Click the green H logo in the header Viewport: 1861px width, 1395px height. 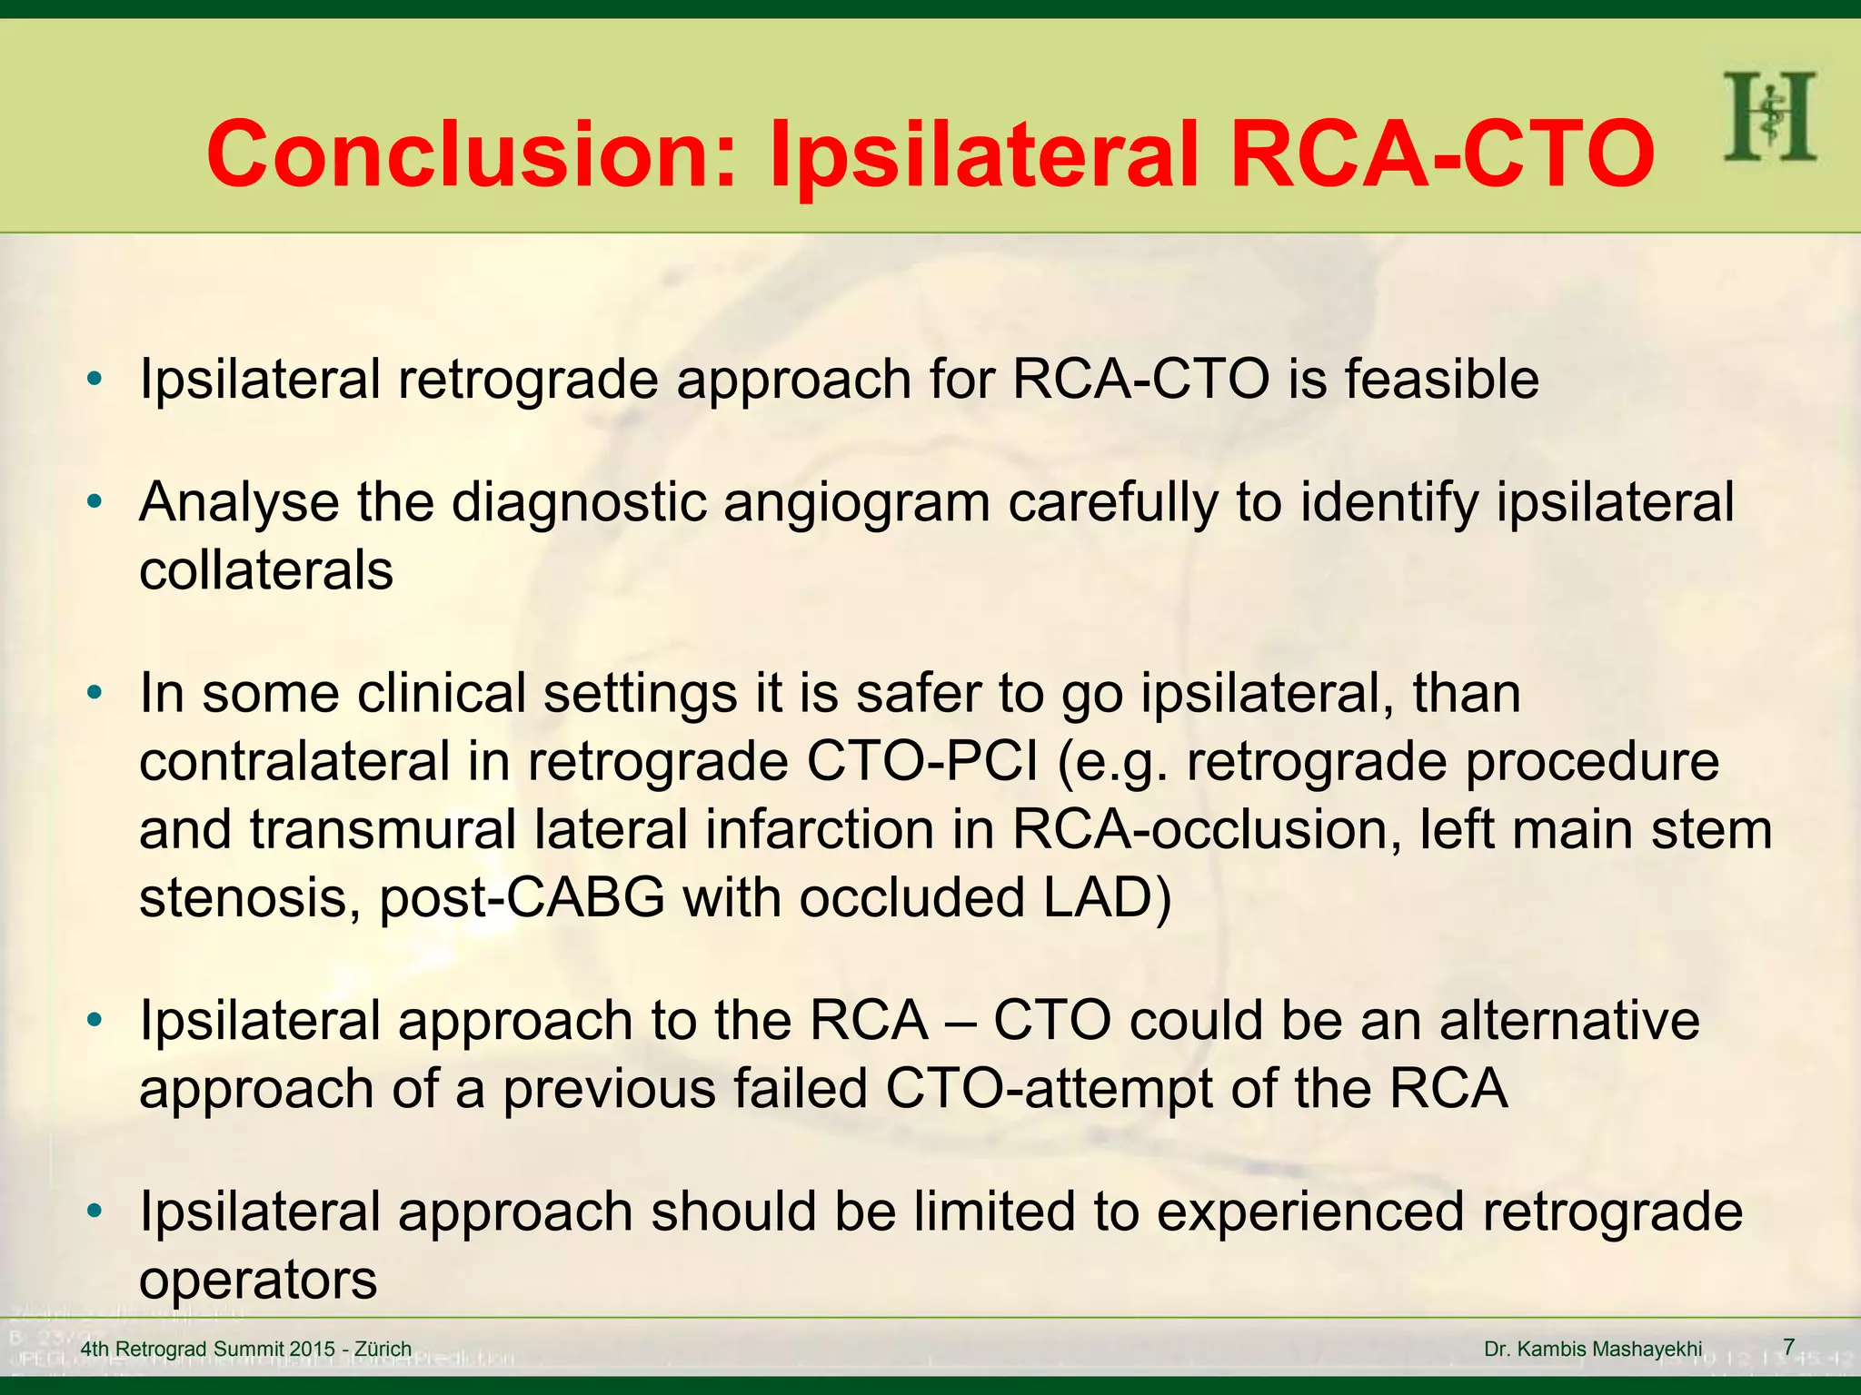(1769, 116)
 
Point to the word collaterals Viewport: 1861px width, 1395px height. (266, 570)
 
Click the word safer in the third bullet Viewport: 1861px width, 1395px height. (918, 693)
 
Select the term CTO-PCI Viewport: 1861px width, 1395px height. (922, 761)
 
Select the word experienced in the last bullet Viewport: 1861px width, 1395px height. (1309, 1212)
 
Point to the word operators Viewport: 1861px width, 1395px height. (258, 1280)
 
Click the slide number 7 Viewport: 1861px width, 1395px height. (1788, 1347)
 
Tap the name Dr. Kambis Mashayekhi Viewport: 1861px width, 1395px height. (1593, 1350)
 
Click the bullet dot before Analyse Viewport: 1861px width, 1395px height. (95, 502)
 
